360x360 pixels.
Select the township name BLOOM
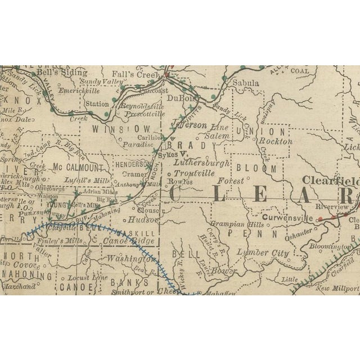pyautogui.click(x=256, y=168)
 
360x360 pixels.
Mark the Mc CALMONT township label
pyautogui.click(x=78, y=168)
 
